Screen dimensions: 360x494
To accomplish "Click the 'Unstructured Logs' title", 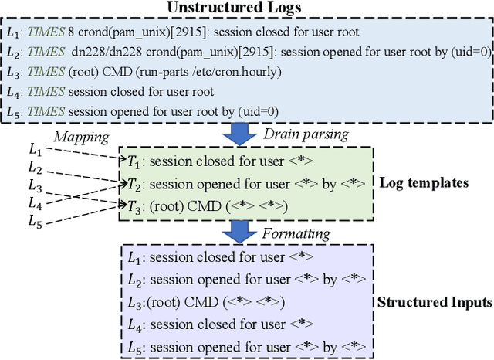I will (x=246, y=8).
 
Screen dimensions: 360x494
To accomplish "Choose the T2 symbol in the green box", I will (x=135, y=184).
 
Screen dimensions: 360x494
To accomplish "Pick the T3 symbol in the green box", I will (x=135, y=205).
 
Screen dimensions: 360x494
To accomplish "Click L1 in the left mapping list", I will (x=36, y=149).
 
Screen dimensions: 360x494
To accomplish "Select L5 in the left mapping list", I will (x=36, y=221).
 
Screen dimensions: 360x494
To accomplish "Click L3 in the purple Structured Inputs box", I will (x=135, y=301).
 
